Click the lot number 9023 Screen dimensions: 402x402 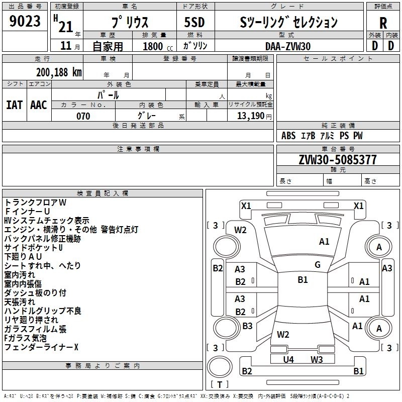(25, 22)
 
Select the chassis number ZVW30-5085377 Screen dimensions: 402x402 (338, 160)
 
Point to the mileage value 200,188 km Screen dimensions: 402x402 (59, 72)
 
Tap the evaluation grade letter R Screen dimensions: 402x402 (383, 23)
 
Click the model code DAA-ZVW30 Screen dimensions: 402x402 (288, 46)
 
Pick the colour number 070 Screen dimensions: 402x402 (83, 116)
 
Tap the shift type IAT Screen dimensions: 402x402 (14, 105)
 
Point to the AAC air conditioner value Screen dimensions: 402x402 (39, 105)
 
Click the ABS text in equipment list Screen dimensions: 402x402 (288, 136)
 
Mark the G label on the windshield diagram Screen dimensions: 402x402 (318, 265)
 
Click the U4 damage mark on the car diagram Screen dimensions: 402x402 (288, 359)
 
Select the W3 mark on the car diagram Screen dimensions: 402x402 (316, 359)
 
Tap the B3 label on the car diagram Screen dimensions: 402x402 (247, 326)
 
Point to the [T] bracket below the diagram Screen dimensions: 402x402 (220, 385)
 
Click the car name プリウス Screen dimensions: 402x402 (130, 23)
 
